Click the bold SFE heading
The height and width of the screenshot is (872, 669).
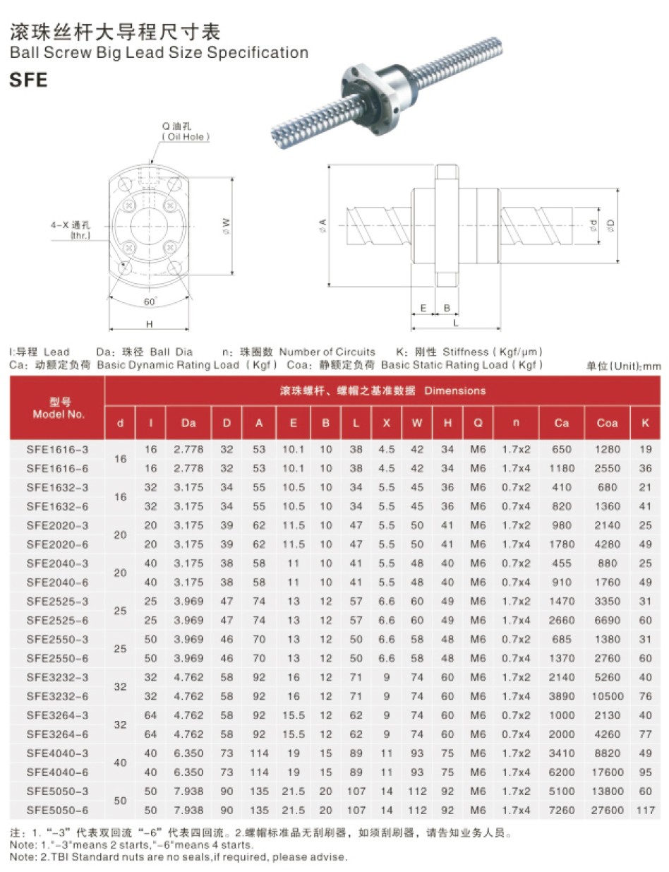28,80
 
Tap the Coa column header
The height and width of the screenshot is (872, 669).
606,423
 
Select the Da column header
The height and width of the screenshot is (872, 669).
188,423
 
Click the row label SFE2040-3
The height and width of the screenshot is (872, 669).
57,563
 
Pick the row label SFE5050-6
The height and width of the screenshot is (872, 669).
57,810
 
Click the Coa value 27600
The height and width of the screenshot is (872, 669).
607,810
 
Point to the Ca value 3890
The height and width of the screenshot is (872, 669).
561,695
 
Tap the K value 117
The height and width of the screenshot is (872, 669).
645,810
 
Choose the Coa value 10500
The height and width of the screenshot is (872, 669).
607,695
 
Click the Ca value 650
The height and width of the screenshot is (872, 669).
561,449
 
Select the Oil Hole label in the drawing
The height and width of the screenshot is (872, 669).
186,136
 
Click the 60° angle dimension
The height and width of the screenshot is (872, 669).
150,301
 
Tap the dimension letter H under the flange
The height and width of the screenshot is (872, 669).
150,323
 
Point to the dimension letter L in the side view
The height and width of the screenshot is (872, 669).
456,323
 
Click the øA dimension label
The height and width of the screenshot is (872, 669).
323,225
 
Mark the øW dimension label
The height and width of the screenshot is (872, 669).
226,224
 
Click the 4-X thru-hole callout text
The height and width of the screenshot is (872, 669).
71,229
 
